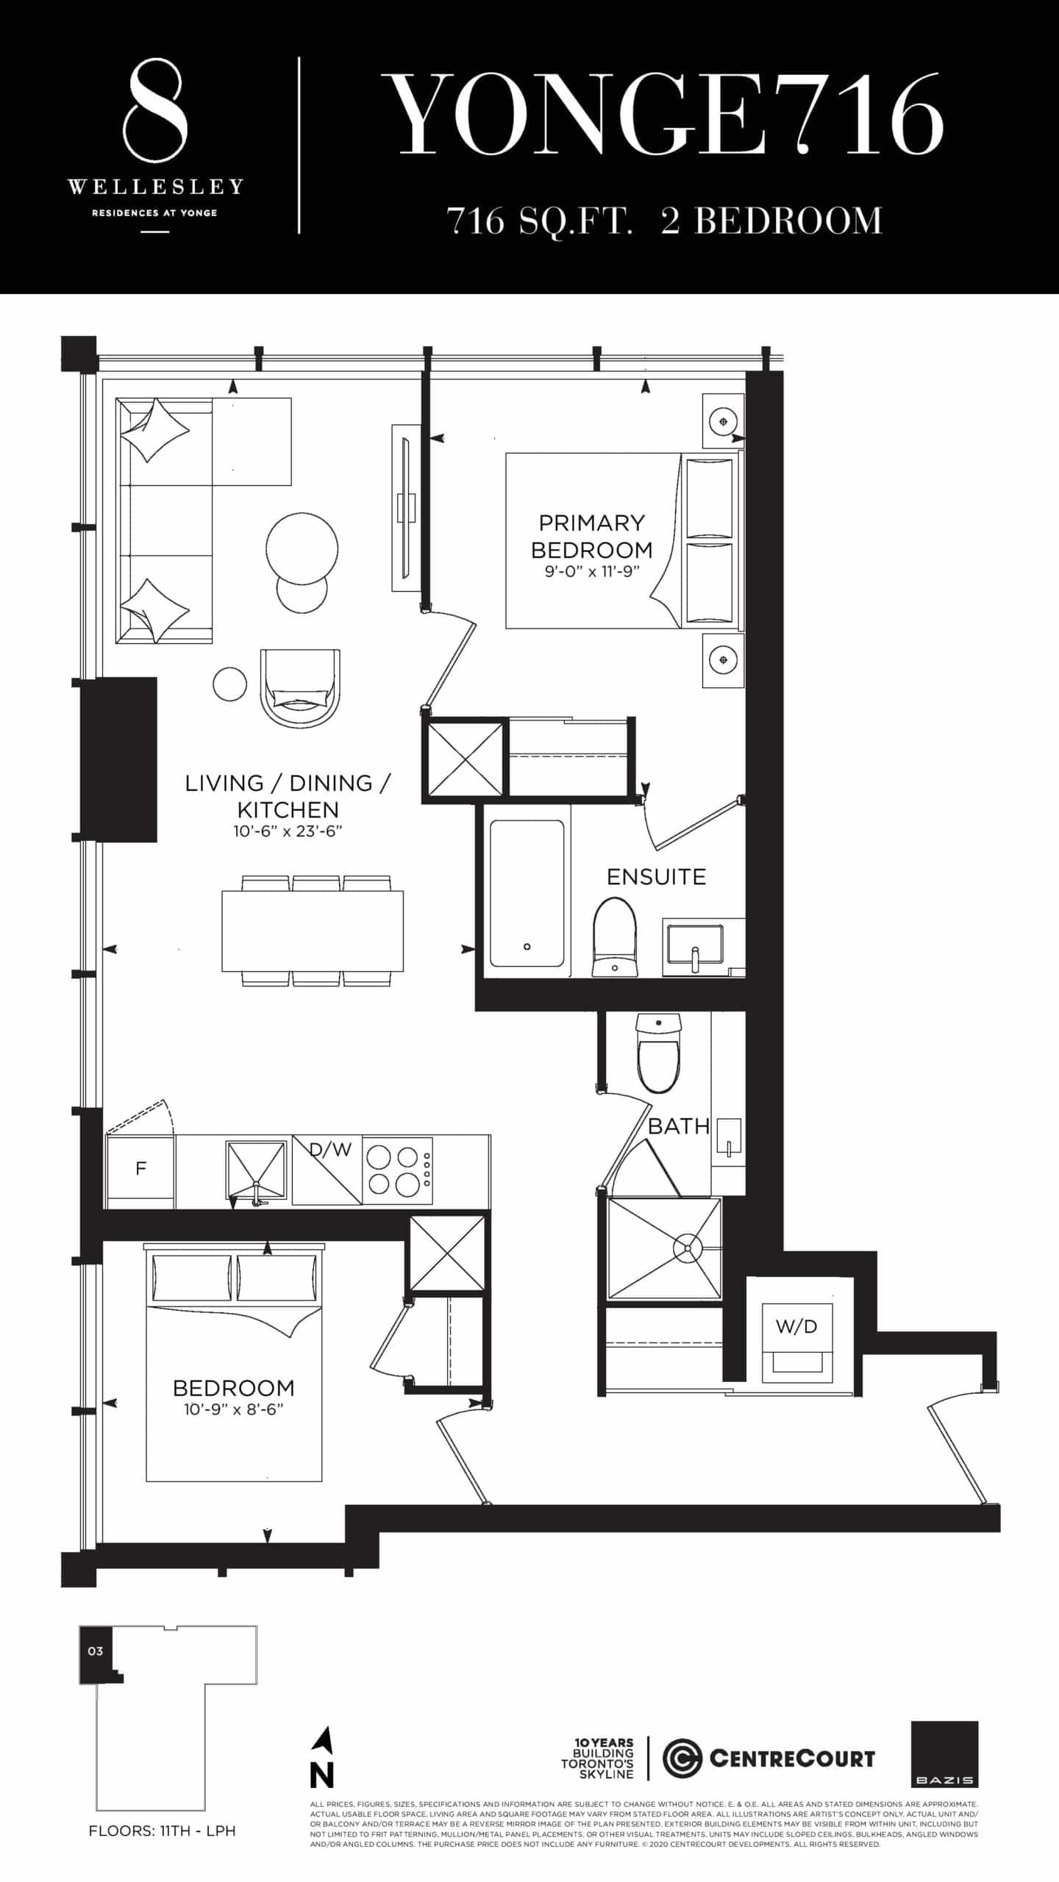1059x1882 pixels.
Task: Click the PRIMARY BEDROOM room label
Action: pos(591,536)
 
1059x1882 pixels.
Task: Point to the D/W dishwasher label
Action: pos(331,1149)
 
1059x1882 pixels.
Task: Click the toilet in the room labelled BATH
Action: pos(659,1052)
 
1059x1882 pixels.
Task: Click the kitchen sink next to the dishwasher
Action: pos(255,1170)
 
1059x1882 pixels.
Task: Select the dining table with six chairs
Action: pos(313,930)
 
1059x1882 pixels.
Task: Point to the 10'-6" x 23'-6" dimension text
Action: pos(288,831)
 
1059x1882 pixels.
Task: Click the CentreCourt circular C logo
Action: pos(682,1758)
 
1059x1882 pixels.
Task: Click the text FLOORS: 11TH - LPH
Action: pos(162,1831)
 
